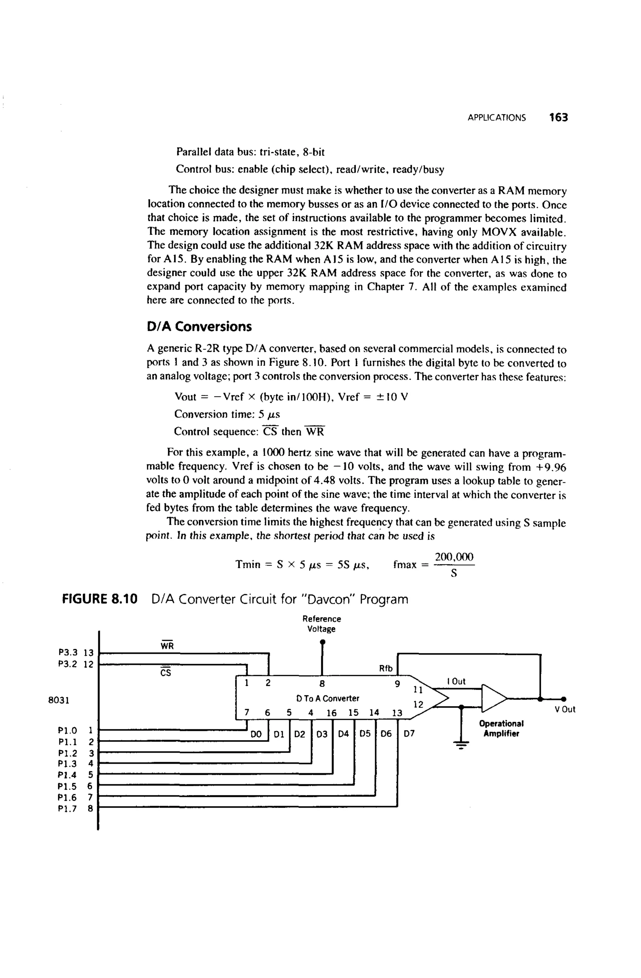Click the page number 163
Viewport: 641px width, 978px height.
(558, 118)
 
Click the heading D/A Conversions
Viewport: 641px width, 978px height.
(199, 327)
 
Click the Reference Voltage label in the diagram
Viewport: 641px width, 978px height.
(322, 624)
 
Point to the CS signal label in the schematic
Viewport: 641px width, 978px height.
(166, 673)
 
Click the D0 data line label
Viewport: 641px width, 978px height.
(256, 734)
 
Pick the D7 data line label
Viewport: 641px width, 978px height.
(409, 734)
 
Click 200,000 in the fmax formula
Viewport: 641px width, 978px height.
(454, 557)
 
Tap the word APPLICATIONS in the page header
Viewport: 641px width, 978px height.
(496, 118)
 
